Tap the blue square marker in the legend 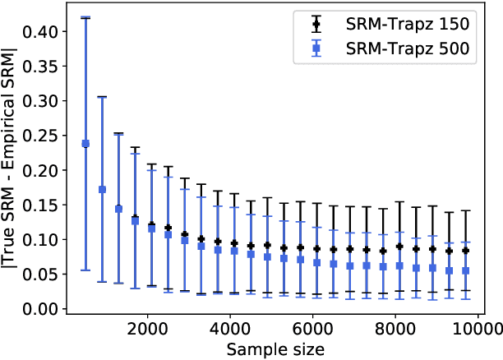[x=317, y=50]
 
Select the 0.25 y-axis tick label [x=30, y=136]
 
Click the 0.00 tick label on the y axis [x=30, y=309]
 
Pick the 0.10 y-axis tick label [x=30, y=240]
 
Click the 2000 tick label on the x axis [x=148, y=326]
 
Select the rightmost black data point [x=467, y=251]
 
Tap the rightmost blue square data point [x=467, y=270]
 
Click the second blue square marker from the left [x=102, y=190]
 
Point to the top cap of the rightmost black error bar [x=467, y=210]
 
